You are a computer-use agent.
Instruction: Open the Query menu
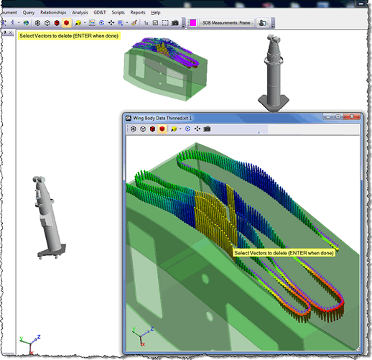(29, 12)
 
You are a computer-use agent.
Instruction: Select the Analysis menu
(80, 12)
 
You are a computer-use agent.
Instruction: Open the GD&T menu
(99, 12)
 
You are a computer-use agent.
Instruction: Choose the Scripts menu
(118, 12)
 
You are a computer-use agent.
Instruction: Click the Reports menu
(138, 12)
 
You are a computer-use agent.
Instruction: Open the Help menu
(156, 12)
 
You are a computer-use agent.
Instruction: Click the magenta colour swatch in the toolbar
(192, 23)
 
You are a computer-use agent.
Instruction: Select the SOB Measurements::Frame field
(225, 23)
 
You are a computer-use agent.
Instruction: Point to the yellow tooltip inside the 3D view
(284, 253)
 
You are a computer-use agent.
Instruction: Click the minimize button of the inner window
(320, 117)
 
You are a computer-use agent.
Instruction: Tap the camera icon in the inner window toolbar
(207, 129)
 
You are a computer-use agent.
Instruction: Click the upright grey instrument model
(274, 72)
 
